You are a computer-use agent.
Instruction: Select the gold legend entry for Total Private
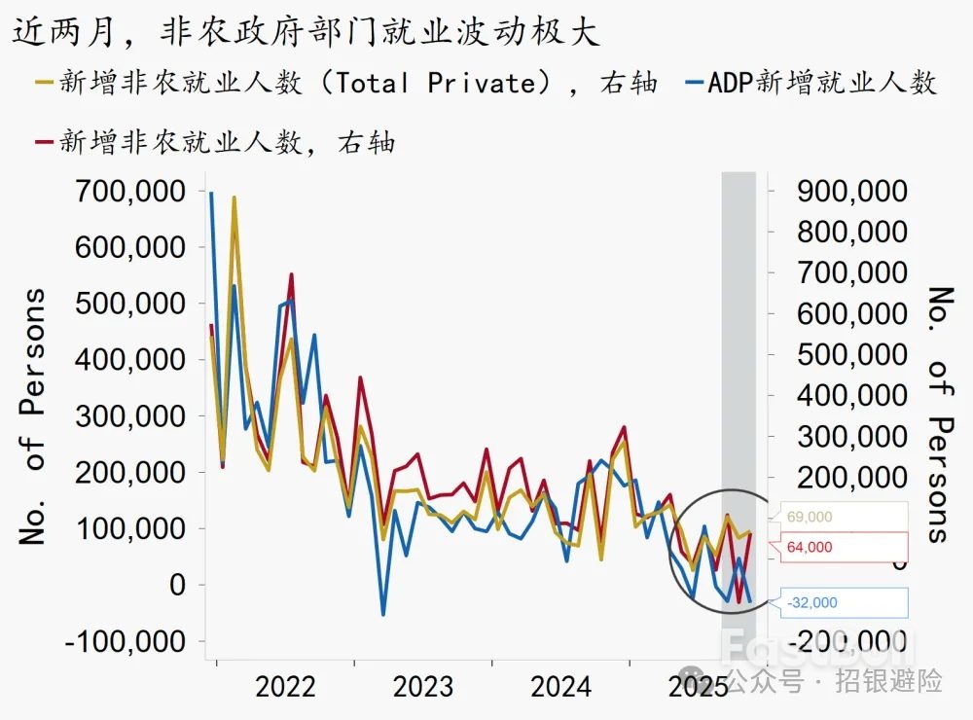345,83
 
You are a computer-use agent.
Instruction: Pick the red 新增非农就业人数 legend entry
214,143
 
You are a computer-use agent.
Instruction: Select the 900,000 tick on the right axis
852,191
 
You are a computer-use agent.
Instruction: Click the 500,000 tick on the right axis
852,354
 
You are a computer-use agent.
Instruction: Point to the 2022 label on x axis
285,687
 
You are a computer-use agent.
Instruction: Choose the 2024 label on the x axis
560,687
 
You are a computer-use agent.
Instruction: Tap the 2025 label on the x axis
698,687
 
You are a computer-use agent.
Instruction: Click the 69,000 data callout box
838,518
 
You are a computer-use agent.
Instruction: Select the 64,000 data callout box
838,547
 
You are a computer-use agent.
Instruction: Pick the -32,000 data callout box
838,602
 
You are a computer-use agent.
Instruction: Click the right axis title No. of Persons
939,414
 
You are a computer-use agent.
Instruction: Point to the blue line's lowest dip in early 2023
383,614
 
